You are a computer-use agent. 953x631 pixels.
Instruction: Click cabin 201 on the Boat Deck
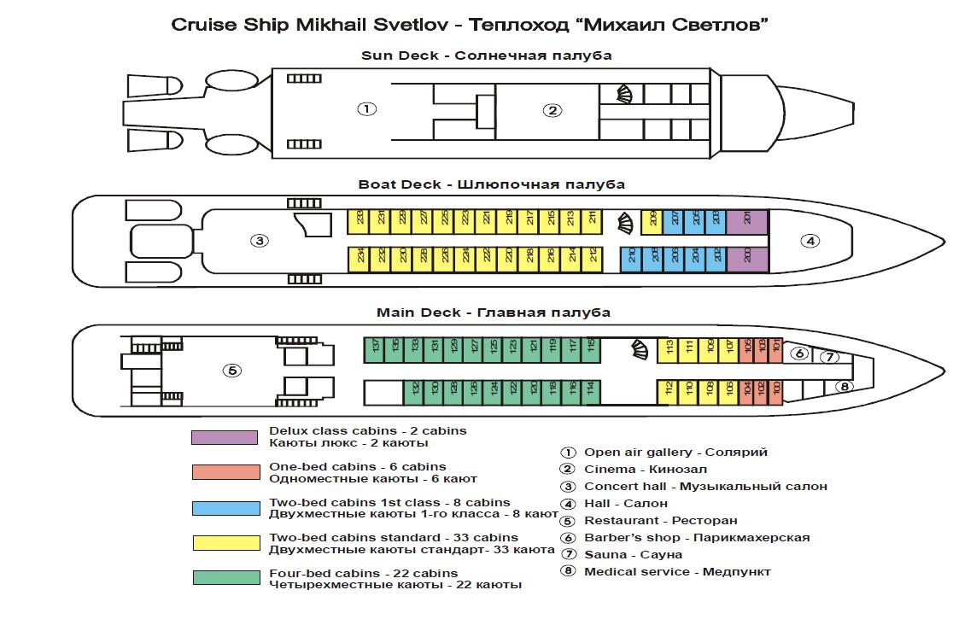coord(748,219)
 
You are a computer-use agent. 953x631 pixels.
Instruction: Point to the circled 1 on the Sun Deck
coord(366,109)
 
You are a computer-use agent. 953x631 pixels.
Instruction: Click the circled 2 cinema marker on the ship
coord(553,109)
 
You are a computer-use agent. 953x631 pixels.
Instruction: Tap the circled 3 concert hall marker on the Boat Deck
coord(259,241)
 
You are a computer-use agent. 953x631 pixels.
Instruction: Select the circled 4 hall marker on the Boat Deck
coord(809,241)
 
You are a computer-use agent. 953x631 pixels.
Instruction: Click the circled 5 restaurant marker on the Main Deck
coord(231,371)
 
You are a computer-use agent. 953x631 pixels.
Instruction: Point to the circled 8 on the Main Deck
coord(844,386)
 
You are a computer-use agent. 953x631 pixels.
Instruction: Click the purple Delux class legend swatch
coord(225,437)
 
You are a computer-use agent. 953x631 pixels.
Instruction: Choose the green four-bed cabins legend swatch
coord(226,578)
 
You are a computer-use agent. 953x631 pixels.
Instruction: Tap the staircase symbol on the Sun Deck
coord(627,94)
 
